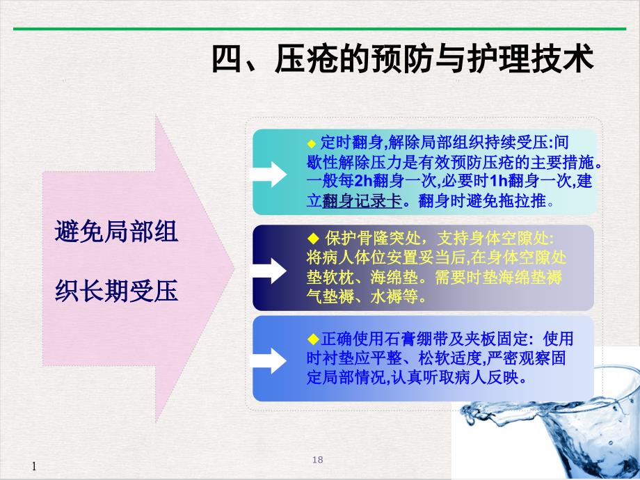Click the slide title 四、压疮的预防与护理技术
pyautogui.click(x=403, y=60)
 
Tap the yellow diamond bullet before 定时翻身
pyautogui.click(x=311, y=143)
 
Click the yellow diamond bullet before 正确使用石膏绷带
pyautogui.click(x=311, y=339)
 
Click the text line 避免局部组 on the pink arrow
pyautogui.click(x=116, y=232)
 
